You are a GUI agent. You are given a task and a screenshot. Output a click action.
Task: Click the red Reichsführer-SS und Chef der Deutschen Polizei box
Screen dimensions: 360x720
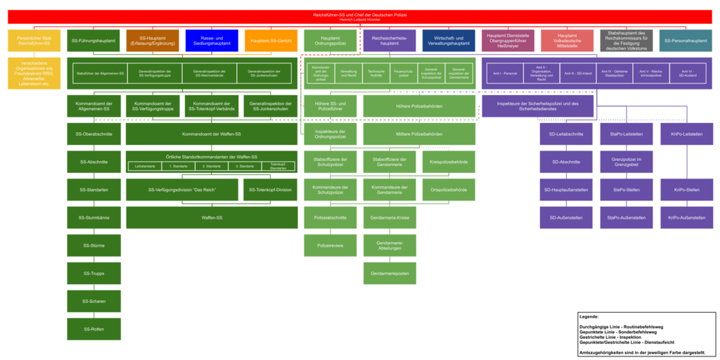[x=359, y=17]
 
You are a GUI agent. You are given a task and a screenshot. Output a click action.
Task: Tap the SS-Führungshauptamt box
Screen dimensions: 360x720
[x=94, y=41]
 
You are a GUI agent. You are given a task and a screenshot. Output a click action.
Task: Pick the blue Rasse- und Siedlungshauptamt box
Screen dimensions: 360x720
[x=212, y=41]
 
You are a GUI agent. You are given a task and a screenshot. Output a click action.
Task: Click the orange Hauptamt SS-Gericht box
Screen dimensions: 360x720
[x=271, y=41]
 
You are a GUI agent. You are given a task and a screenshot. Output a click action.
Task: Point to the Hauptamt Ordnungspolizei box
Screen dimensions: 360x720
[x=330, y=41]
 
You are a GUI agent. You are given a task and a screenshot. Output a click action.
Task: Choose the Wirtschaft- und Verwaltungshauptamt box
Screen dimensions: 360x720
[x=449, y=41]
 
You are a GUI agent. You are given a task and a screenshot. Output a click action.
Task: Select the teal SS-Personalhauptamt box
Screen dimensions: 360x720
[x=686, y=41]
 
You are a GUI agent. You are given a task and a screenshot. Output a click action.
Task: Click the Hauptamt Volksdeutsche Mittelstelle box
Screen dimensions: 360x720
[x=567, y=41]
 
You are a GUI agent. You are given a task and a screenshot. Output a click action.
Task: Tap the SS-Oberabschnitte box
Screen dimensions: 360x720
[x=94, y=134]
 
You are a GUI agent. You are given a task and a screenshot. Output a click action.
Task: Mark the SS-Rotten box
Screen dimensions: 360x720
[x=94, y=329]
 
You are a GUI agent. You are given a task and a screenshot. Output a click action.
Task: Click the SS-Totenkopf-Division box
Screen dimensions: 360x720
[x=271, y=189]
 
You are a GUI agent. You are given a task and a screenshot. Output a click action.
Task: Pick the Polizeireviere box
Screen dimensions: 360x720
[x=330, y=245]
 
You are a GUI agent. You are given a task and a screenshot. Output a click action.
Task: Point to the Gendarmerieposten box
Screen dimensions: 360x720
[x=390, y=273]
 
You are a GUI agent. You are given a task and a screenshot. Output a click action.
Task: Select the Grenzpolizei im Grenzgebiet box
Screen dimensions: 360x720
[x=626, y=162]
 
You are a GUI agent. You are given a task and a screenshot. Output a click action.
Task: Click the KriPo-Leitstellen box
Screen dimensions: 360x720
[x=686, y=134]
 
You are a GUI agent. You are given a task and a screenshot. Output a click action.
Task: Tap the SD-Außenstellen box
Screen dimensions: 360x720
[x=567, y=217]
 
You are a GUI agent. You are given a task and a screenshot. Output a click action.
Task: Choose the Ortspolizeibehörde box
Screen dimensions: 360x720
[x=449, y=189]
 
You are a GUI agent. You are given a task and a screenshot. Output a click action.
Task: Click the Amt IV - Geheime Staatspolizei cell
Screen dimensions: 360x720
[x=616, y=73]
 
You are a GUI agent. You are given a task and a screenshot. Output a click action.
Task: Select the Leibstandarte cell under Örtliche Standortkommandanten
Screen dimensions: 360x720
[x=144, y=167]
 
